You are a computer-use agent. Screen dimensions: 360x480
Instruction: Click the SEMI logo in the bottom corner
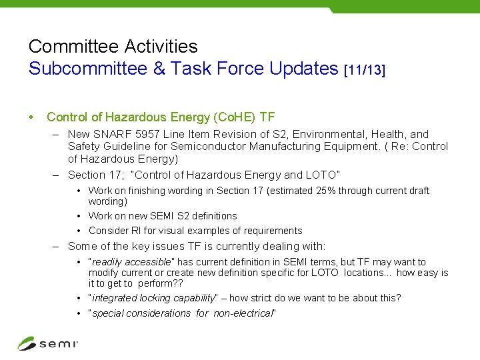click(x=47, y=343)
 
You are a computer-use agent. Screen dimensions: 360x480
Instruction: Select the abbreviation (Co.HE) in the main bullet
click(x=233, y=117)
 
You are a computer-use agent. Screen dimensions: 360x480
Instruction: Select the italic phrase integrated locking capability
click(x=153, y=298)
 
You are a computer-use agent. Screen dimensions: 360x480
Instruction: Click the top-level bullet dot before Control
click(x=32, y=117)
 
